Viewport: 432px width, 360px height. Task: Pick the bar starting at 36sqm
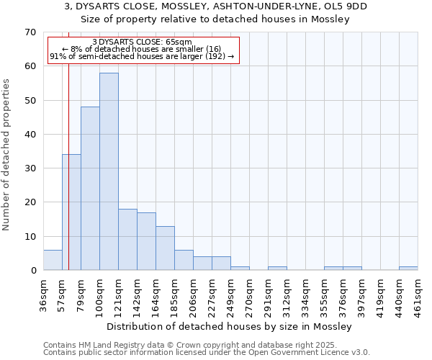tap(53, 260)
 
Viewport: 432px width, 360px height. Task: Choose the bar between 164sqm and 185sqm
tap(165, 248)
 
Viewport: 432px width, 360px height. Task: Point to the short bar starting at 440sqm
tap(408, 269)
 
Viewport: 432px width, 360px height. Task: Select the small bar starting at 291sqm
tap(277, 269)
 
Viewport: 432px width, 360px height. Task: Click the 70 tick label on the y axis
tap(30, 32)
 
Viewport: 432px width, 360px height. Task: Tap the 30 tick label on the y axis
tap(30, 168)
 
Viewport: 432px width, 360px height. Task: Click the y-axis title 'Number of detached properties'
tap(7, 155)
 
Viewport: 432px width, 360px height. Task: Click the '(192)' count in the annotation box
tap(214, 56)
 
